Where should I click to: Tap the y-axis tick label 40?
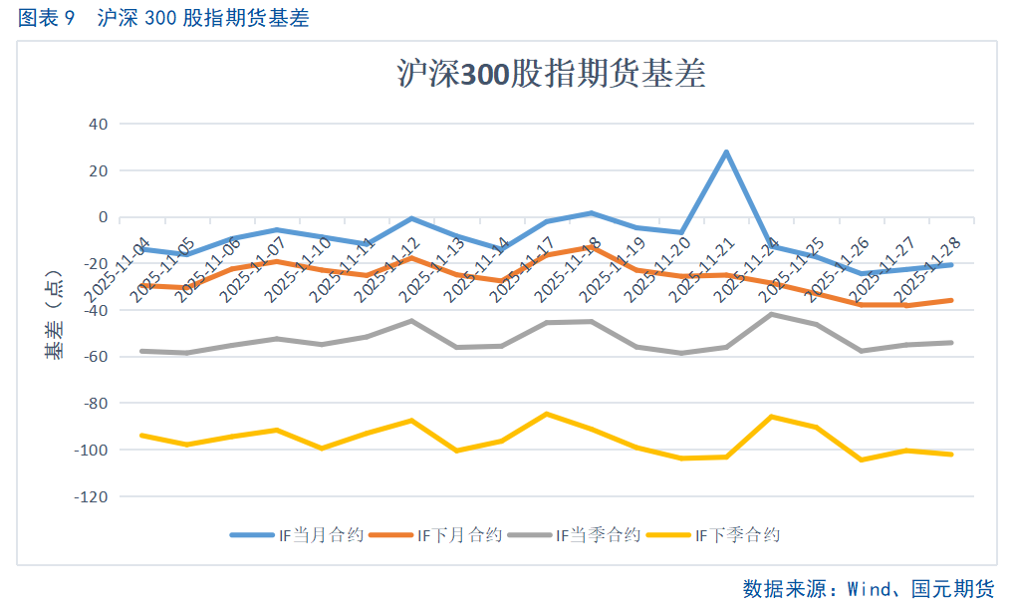[x=99, y=125]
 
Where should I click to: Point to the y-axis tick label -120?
[x=92, y=496]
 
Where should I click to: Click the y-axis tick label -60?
[x=95, y=357]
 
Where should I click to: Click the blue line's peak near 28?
[x=726, y=152]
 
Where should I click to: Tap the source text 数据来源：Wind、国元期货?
[x=869, y=588]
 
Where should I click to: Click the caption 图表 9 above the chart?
[x=47, y=19]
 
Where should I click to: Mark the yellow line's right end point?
[x=951, y=455]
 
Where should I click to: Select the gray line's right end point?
[x=951, y=343]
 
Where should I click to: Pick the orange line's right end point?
[x=951, y=300]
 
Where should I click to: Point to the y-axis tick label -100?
[x=92, y=450]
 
